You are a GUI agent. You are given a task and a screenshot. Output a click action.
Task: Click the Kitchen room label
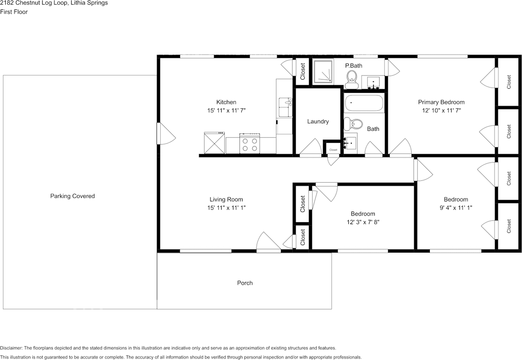(x=226, y=102)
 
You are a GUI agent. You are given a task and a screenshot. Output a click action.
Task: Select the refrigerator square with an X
(x=215, y=143)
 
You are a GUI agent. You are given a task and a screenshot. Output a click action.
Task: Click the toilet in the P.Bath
(x=352, y=78)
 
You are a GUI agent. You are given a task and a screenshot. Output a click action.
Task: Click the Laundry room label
(x=318, y=121)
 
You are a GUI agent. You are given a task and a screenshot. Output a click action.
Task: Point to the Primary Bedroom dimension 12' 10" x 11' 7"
(x=441, y=110)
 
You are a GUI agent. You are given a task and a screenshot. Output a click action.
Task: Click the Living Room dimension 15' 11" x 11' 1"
(x=226, y=208)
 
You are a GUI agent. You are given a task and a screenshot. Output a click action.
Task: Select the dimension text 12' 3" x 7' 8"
(x=363, y=222)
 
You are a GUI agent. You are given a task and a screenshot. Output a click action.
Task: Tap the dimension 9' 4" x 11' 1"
(x=456, y=208)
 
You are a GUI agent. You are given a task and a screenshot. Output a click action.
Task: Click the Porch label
(x=245, y=283)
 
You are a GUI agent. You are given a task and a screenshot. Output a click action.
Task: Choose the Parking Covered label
(x=72, y=196)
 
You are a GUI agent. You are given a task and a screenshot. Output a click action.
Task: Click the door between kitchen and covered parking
(x=166, y=134)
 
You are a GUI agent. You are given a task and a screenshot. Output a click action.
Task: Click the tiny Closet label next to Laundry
(x=333, y=150)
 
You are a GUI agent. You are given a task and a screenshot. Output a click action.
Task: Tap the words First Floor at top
(x=14, y=12)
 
